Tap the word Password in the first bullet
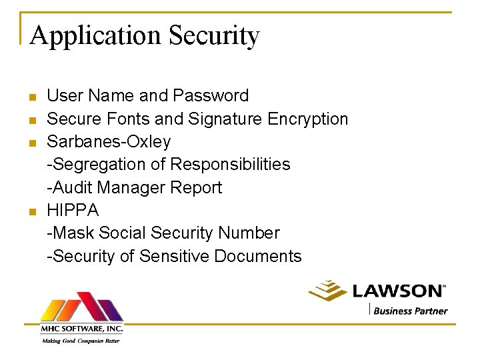point(211,96)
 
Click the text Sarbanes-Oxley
point(109,142)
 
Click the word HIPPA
point(73,210)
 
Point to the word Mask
point(71,233)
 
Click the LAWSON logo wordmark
point(397,291)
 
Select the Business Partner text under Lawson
point(410,310)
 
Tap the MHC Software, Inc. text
point(81,328)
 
